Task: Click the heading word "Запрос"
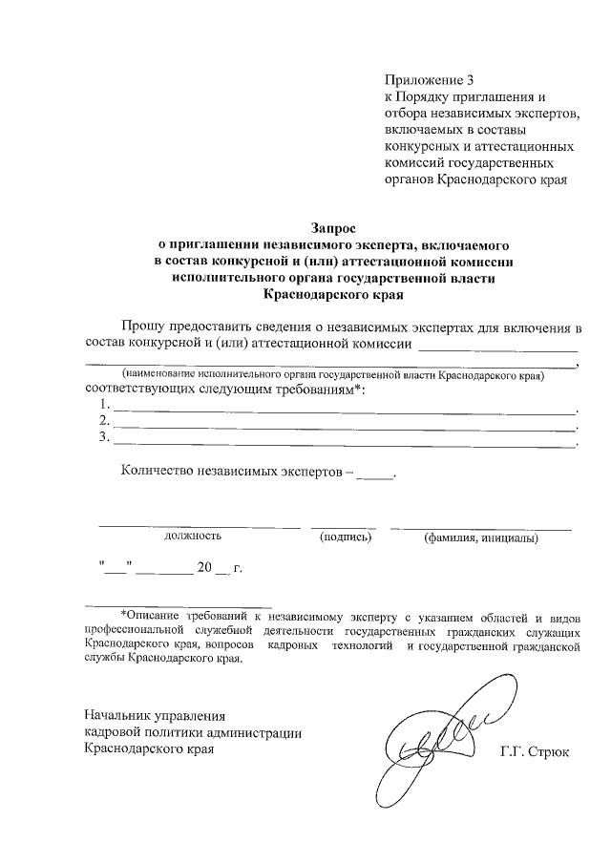pyautogui.click(x=332, y=228)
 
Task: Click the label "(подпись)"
pyautogui.click(x=345, y=537)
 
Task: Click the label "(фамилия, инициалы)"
pyautogui.click(x=481, y=537)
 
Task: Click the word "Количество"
pyautogui.click(x=157, y=472)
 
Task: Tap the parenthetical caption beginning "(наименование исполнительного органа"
pyautogui.click(x=331, y=376)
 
